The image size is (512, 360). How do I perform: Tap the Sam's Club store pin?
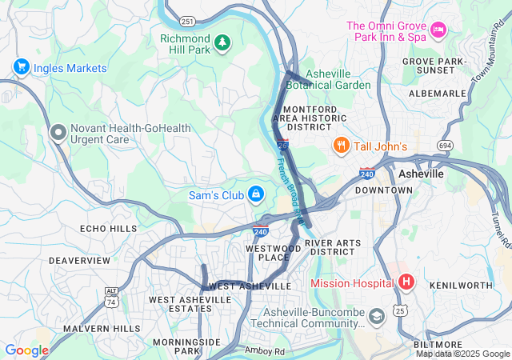[255, 194]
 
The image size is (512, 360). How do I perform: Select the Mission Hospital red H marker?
[406, 282]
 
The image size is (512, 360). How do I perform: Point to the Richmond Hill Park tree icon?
[222, 40]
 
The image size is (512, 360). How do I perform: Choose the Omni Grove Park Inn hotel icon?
[438, 30]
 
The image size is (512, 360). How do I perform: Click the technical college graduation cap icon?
[374, 318]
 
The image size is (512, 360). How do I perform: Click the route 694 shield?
[446, 145]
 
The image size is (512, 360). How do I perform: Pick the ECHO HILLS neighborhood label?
[109, 228]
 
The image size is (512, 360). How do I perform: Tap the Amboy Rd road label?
[265, 350]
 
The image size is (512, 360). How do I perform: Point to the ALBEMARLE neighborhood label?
[438, 94]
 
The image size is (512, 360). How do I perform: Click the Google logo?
[26, 350]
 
